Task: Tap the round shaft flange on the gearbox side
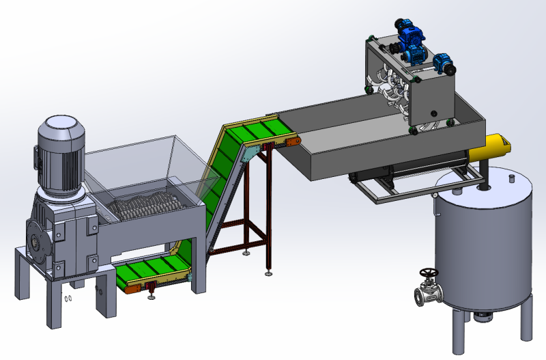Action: (35, 240)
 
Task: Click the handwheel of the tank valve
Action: (429, 274)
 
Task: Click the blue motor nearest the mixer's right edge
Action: (444, 63)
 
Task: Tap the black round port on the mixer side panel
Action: (431, 111)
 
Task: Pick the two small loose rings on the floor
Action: (68, 298)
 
